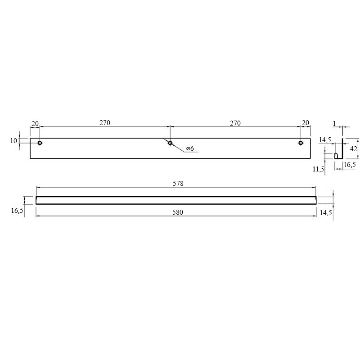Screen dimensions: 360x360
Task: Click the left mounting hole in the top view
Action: [x=40, y=143]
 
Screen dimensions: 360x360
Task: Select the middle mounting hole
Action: [x=170, y=143]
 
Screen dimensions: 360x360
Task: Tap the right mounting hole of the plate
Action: [x=301, y=143]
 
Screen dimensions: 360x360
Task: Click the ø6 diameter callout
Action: [x=190, y=148]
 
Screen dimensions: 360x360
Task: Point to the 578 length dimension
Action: [x=178, y=184]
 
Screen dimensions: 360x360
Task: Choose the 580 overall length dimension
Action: [x=178, y=212]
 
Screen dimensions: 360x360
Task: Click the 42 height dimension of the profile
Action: [x=354, y=149]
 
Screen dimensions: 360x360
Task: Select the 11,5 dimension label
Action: [x=318, y=169]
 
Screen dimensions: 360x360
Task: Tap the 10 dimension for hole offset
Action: [x=13, y=140]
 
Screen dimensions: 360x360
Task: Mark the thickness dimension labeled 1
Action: [x=334, y=123]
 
